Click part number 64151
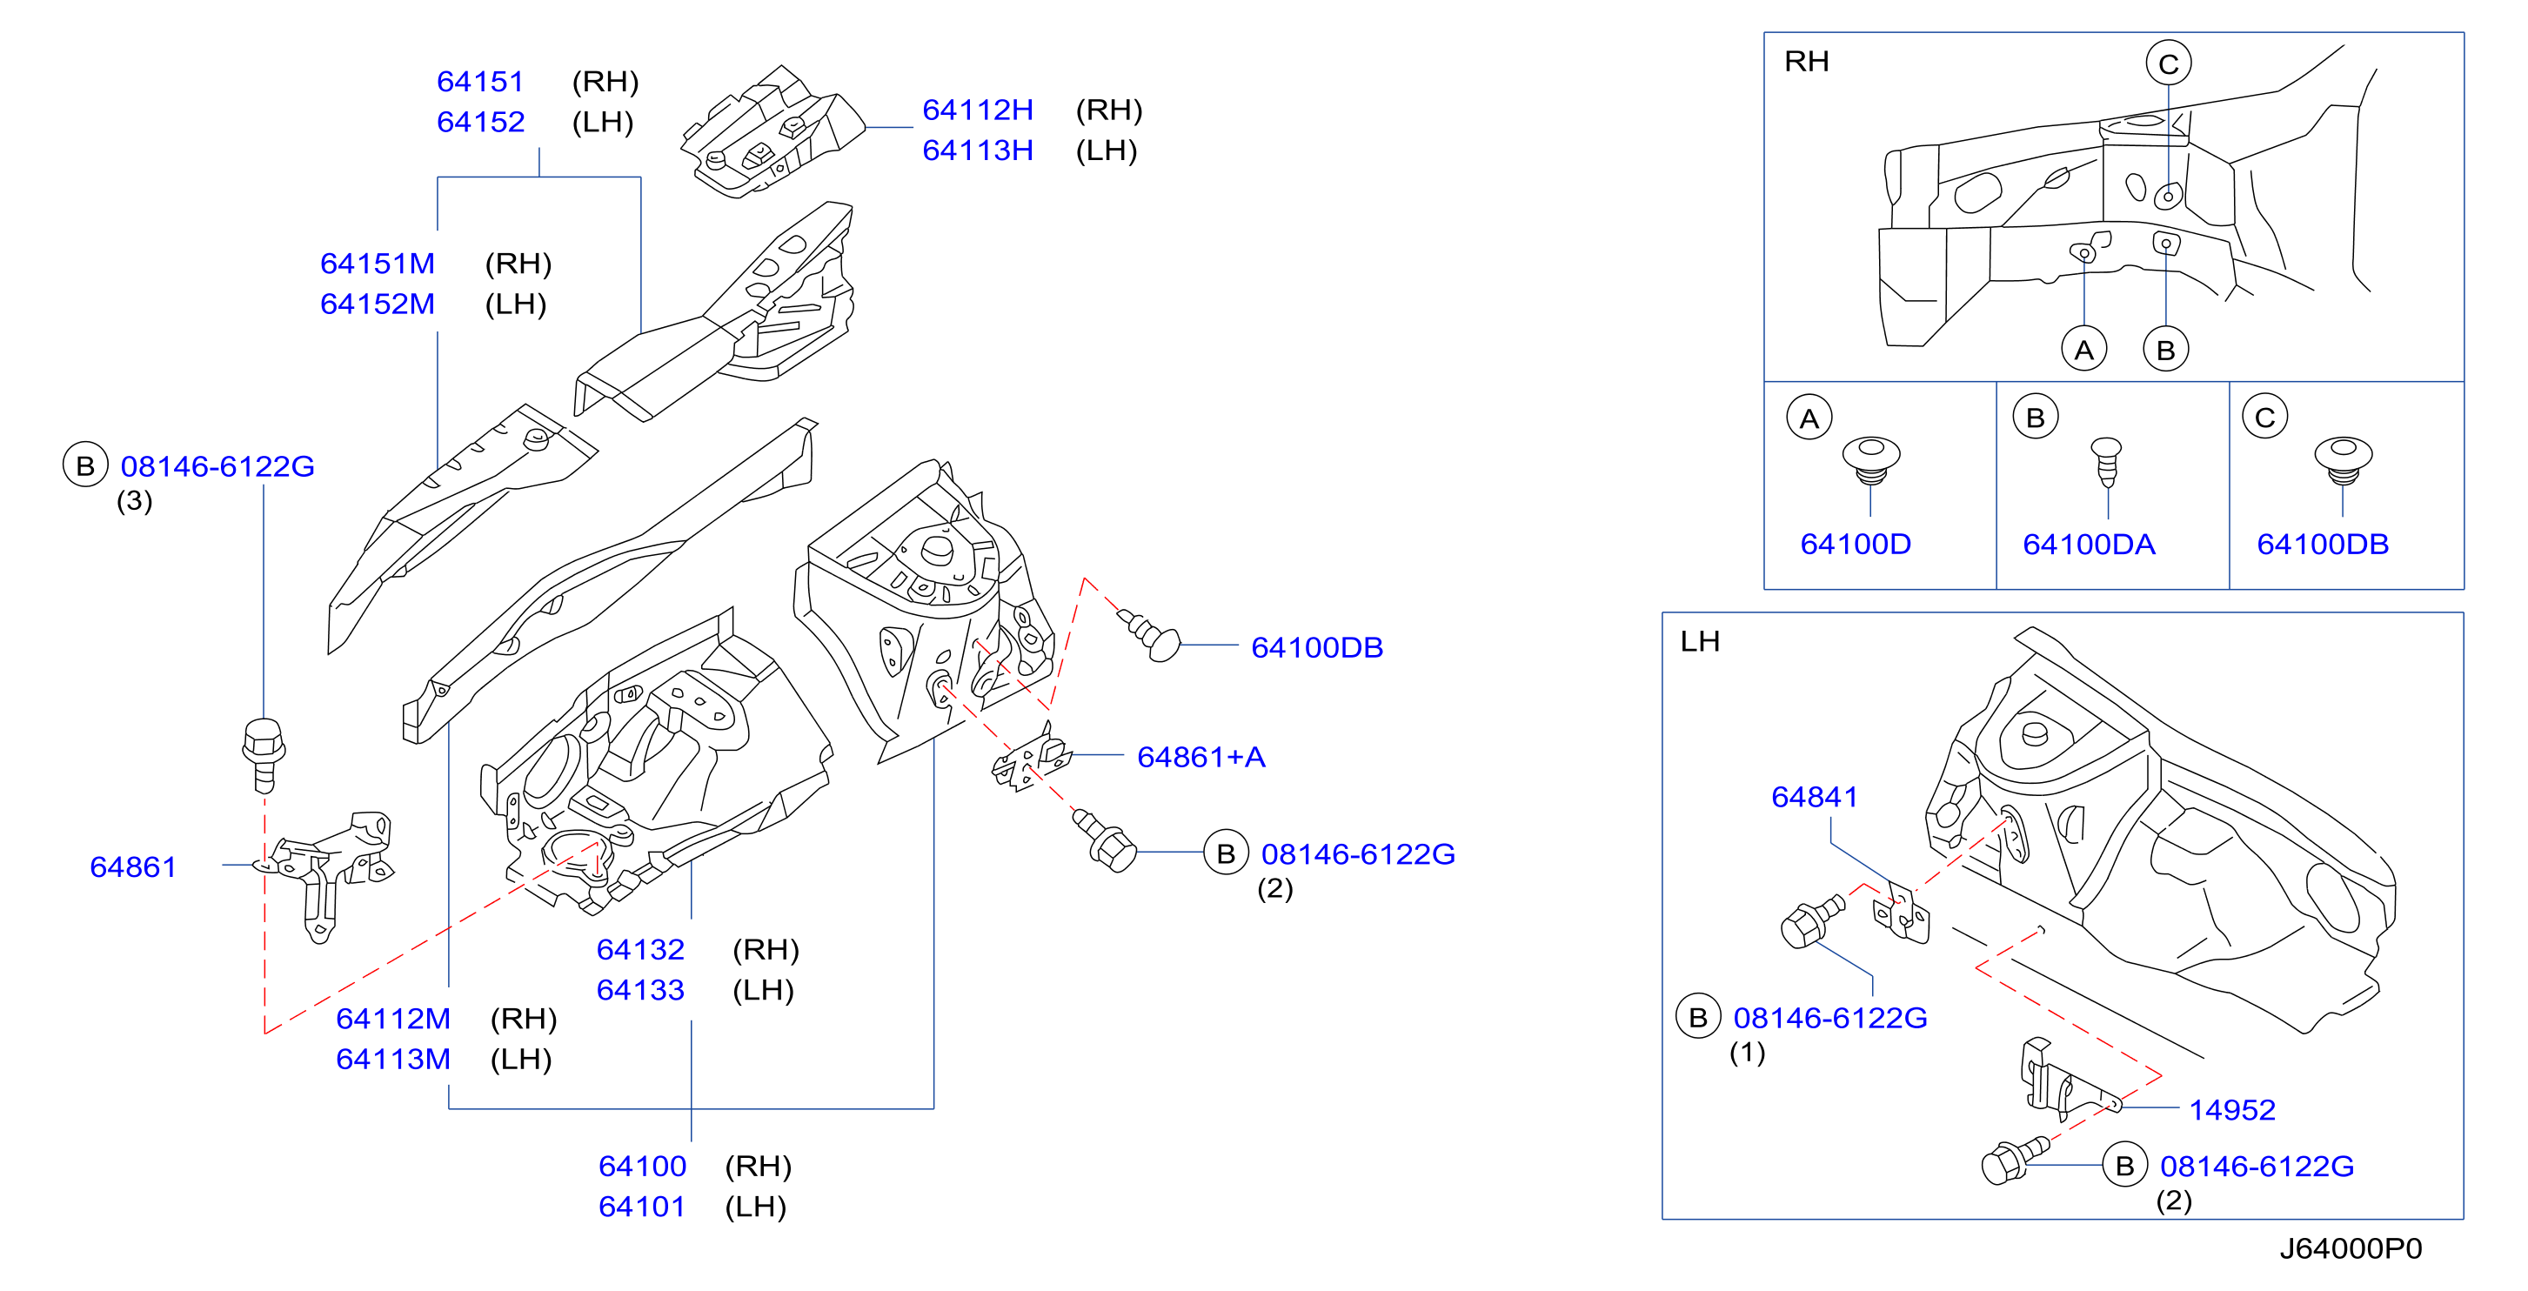pyautogui.click(x=480, y=82)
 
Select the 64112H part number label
pyautogui.click(x=978, y=110)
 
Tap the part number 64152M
pyautogui.click(x=377, y=304)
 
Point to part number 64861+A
pyautogui.click(x=1200, y=757)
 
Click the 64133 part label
pyautogui.click(x=640, y=990)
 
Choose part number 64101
pyautogui.click(x=642, y=1207)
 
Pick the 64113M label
pyautogui.click(x=392, y=1060)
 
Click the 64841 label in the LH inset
pyautogui.click(x=1814, y=796)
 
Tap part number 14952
pyautogui.click(x=2231, y=1109)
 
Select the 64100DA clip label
pyautogui.click(x=2089, y=544)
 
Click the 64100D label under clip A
pyautogui.click(x=1855, y=544)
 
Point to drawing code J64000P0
pyautogui.click(x=2350, y=1248)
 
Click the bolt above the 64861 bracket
pyautogui.click(x=263, y=754)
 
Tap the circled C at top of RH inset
pyautogui.click(x=2168, y=64)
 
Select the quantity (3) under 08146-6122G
pyautogui.click(x=135, y=501)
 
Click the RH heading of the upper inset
pyautogui.click(x=1806, y=62)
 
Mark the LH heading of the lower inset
pyautogui.click(x=1700, y=642)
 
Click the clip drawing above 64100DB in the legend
pyautogui.click(x=2343, y=460)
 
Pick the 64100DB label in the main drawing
pyautogui.click(x=1316, y=648)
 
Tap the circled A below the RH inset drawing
pyautogui.click(x=2083, y=350)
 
